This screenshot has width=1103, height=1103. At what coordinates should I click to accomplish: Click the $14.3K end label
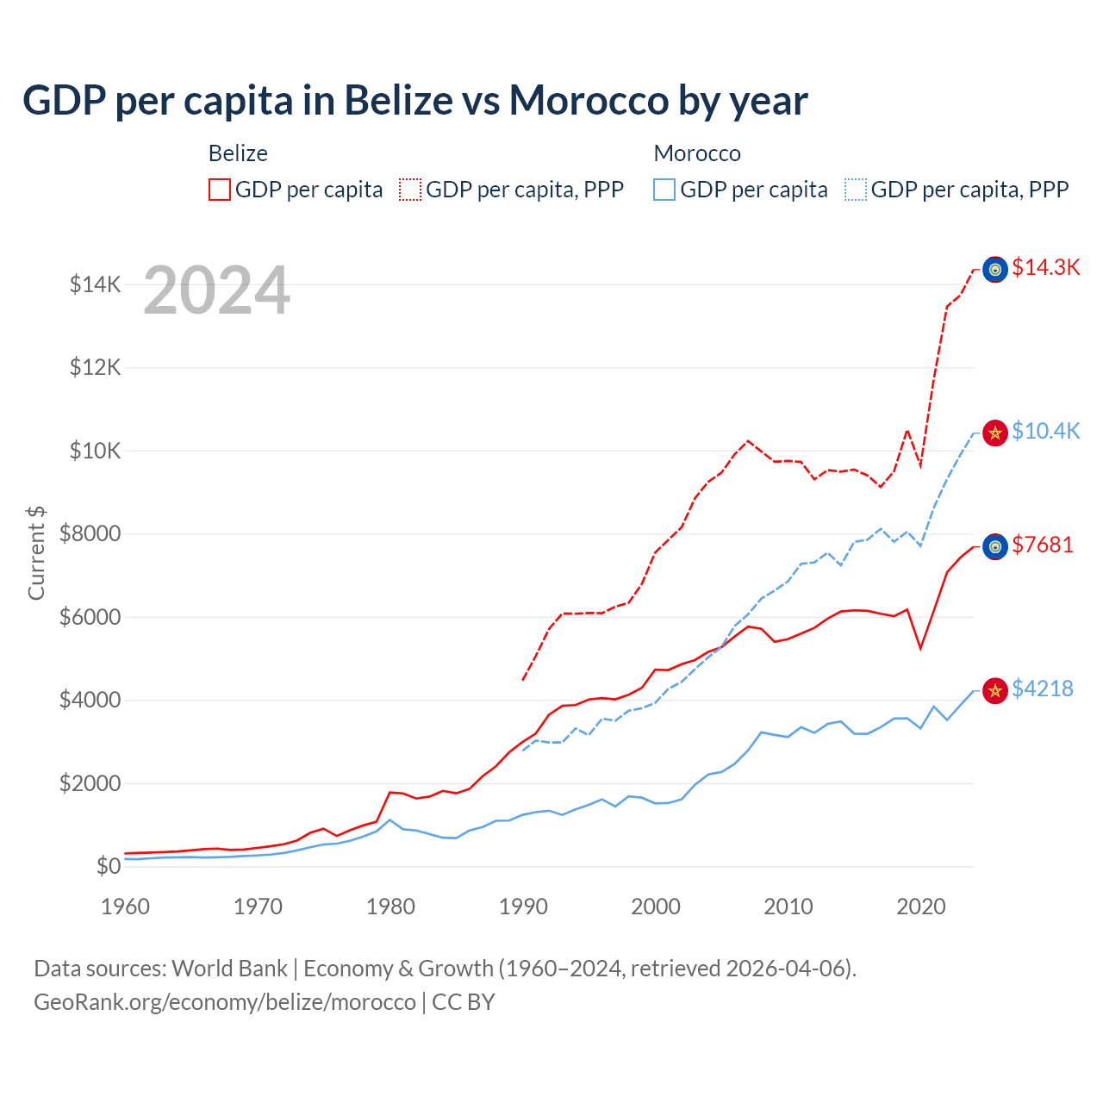[x=1045, y=268]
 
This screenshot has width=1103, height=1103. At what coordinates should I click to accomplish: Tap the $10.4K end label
[x=1045, y=431]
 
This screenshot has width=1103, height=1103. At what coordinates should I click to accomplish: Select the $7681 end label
[x=1043, y=545]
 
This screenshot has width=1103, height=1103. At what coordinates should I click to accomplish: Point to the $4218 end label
[x=1043, y=689]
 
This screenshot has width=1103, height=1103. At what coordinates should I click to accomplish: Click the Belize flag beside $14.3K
[x=995, y=270]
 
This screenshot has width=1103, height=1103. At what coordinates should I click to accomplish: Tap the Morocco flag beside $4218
[x=995, y=691]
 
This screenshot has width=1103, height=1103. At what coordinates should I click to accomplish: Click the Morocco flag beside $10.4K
[x=995, y=433]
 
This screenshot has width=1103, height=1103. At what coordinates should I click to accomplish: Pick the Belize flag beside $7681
[x=995, y=546]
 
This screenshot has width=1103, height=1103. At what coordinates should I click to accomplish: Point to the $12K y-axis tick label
[x=95, y=368]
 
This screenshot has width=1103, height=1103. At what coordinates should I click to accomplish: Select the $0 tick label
[x=108, y=866]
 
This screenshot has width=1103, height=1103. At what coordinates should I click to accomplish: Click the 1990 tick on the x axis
[x=523, y=907]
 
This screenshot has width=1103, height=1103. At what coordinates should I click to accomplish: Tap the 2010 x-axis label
[x=788, y=907]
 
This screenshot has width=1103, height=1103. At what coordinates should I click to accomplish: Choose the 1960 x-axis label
[x=126, y=907]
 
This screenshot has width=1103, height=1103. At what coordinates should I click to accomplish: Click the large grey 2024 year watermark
[x=216, y=291]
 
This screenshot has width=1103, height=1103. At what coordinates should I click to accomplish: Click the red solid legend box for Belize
[x=220, y=190]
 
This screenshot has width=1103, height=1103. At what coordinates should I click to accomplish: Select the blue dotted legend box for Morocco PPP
[x=856, y=190]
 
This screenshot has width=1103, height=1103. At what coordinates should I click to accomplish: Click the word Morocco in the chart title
[x=588, y=101]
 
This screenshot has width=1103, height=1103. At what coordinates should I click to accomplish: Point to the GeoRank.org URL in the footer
[x=224, y=1002]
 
